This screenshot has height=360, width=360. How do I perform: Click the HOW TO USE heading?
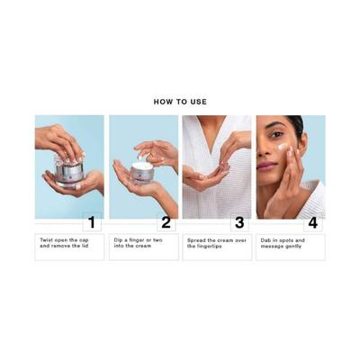(x=180, y=102)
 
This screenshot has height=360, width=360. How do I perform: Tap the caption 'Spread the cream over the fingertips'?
(x=216, y=244)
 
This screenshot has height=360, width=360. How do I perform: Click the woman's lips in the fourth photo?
(x=266, y=166)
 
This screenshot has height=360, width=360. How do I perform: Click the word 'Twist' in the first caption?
(x=46, y=240)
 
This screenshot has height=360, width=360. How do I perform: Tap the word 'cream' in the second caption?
(x=148, y=247)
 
